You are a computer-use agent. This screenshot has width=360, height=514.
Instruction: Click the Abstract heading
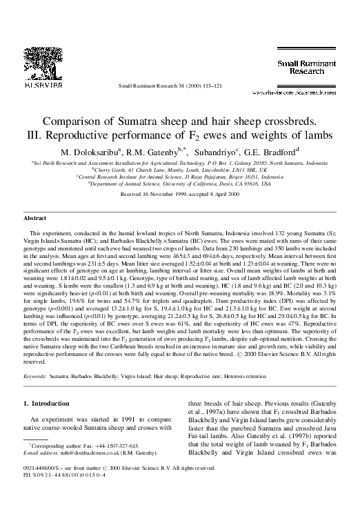coord(35,217)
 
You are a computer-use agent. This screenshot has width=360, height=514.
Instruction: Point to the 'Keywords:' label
coord(35,378)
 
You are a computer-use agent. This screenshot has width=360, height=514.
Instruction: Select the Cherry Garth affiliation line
coord(179,169)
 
